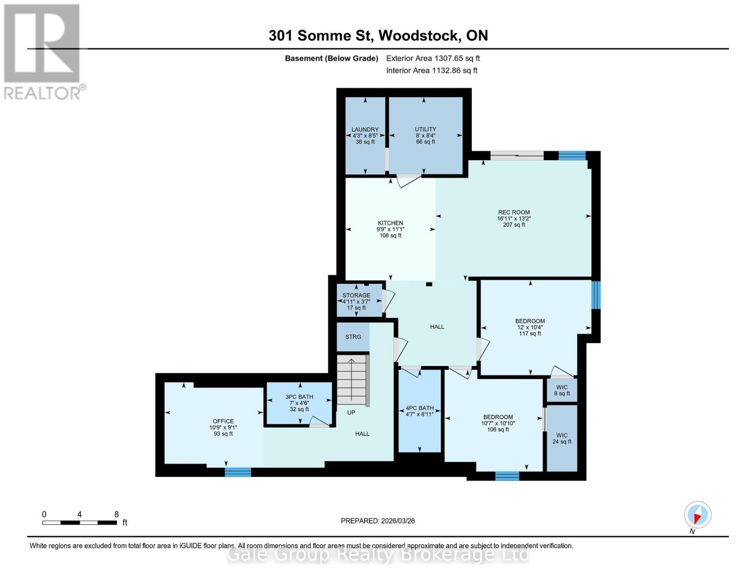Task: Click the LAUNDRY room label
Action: click(x=365, y=130)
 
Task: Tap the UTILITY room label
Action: click(x=425, y=129)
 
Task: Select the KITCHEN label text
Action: click(x=390, y=223)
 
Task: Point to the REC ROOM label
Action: click(x=514, y=212)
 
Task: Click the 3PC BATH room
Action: click(x=299, y=403)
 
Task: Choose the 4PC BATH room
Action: click(x=420, y=411)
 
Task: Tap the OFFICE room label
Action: click(x=223, y=421)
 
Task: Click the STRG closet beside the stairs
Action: click(x=353, y=337)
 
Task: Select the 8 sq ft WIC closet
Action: click(x=562, y=390)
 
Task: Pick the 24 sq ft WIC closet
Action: click(x=562, y=438)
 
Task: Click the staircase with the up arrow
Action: click(x=352, y=380)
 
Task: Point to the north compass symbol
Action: click(x=698, y=515)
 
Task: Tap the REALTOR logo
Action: click(x=42, y=52)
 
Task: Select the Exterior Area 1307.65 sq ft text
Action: click(x=433, y=58)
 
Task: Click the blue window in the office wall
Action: click(x=238, y=472)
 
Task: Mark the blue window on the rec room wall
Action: click(x=572, y=155)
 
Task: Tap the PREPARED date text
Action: click(x=378, y=521)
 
